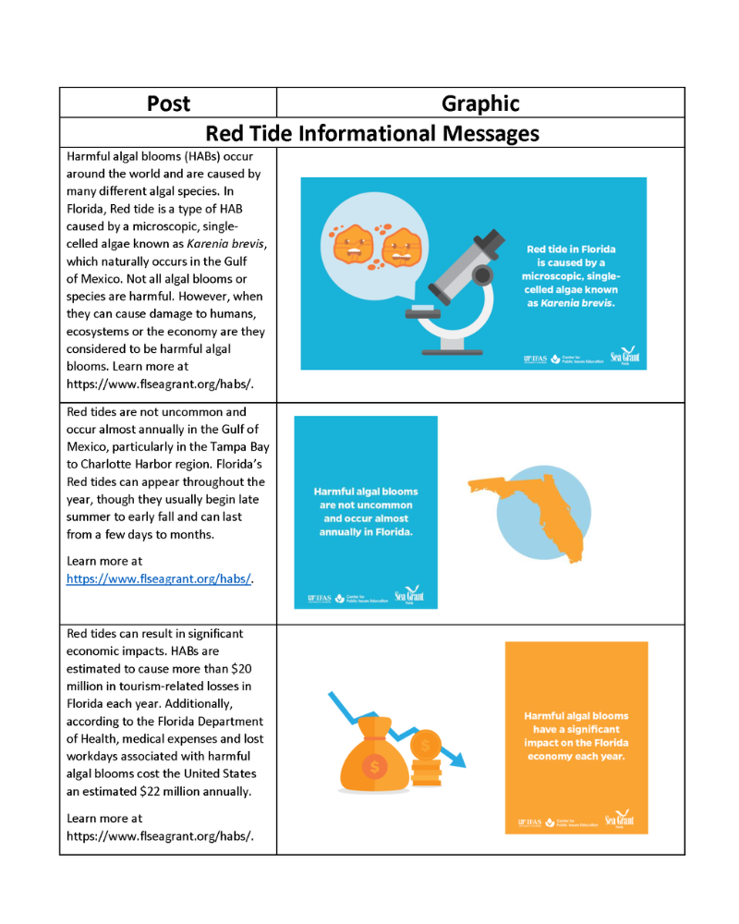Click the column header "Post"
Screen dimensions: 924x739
[168, 103]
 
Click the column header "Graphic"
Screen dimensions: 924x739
[480, 103]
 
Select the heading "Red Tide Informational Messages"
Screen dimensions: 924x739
[372, 133]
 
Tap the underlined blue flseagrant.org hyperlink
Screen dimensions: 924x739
[159, 579]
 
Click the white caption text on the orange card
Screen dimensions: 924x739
[576, 736]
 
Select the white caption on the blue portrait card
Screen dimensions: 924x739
[366, 512]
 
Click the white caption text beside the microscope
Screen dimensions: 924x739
[571, 275]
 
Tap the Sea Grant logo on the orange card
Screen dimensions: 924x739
[619, 820]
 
